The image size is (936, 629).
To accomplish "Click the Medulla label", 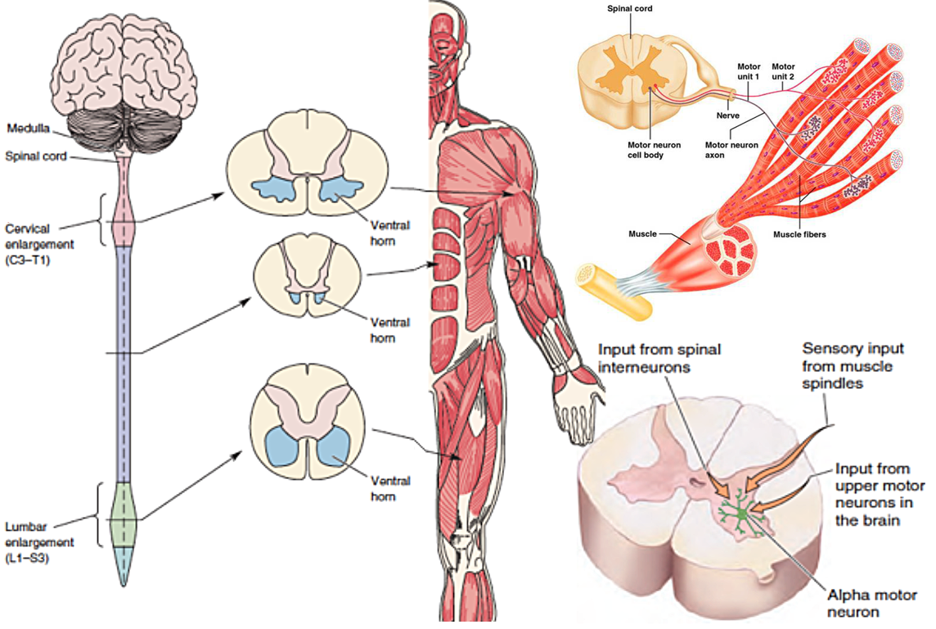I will point(27,129).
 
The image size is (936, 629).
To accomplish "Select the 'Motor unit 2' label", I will point(783,71).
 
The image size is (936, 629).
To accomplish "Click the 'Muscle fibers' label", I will point(799,234).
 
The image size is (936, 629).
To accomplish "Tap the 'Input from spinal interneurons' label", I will point(659,358).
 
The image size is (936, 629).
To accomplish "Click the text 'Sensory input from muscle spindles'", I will point(847,364).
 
